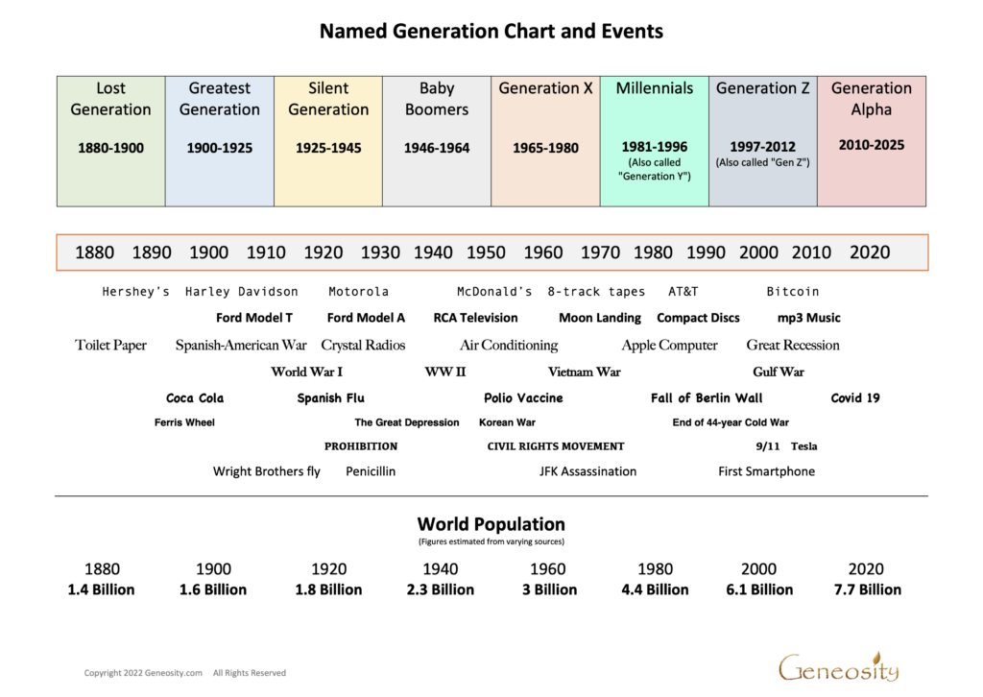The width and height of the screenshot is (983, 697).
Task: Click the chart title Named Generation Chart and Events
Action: pos(491,31)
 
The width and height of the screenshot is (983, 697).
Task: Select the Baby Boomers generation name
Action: pos(437,99)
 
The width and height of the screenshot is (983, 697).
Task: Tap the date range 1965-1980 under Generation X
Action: pos(545,148)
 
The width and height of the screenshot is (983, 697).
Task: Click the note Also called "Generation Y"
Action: pos(654,169)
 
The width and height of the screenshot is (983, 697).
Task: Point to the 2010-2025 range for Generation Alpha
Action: pos(871,145)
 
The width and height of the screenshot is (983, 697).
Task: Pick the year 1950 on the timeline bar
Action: pos(486,252)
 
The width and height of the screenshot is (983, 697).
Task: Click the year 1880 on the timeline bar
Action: pos(94,252)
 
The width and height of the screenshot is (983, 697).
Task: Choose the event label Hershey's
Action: pos(135,292)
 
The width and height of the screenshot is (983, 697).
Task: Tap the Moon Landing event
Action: pos(600,318)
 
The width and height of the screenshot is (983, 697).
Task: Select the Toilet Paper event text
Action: pos(110,345)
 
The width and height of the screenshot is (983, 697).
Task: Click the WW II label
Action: pos(445,372)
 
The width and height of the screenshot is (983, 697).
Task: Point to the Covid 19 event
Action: pos(855,397)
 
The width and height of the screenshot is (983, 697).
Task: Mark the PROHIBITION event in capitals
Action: pos(361,446)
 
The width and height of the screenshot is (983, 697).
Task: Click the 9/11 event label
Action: pos(768,446)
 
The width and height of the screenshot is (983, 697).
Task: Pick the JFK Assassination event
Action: pos(587,471)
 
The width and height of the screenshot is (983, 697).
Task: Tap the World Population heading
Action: pos(491,524)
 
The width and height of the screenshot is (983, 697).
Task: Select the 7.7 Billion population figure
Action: pos(868,589)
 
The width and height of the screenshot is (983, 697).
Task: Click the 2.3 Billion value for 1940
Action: pos(440,589)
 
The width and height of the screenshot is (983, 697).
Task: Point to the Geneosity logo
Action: pos(838,666)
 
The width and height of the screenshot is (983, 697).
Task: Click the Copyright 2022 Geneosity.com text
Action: pos(143,673)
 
